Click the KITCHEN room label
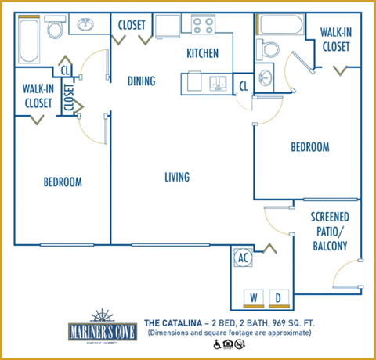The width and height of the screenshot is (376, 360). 202,53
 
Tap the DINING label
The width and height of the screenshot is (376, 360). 141,81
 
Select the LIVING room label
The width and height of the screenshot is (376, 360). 177,177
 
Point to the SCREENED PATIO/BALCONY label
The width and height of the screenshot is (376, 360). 330,231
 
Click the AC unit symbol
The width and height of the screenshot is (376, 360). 243,256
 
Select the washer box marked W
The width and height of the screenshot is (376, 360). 253,297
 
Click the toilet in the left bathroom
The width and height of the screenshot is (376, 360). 55,30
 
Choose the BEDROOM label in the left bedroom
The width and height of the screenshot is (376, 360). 63,182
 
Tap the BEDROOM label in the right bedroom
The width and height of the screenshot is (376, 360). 309,146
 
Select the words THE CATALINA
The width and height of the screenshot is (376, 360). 174,322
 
